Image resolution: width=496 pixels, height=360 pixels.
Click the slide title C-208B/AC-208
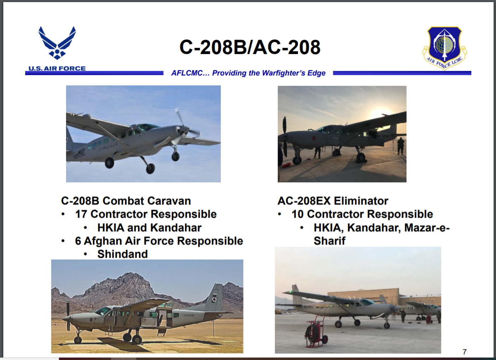(250, 47)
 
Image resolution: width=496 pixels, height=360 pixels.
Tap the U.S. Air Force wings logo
(57, 43)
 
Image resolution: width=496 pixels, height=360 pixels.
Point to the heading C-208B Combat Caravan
(126, 201)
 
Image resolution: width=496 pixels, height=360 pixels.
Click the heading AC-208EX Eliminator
(333, 201)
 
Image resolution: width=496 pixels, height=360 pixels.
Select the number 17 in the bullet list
(81, 214)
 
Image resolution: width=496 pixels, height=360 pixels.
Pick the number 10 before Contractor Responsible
(298, 214)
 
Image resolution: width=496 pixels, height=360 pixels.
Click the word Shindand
(122, 254)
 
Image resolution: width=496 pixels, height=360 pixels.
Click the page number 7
(464, 352)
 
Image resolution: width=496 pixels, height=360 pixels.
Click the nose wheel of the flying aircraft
(175, 156)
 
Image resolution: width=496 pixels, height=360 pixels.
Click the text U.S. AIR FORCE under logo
(57, 68)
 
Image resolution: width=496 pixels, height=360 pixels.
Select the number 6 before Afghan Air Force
(78, 240)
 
